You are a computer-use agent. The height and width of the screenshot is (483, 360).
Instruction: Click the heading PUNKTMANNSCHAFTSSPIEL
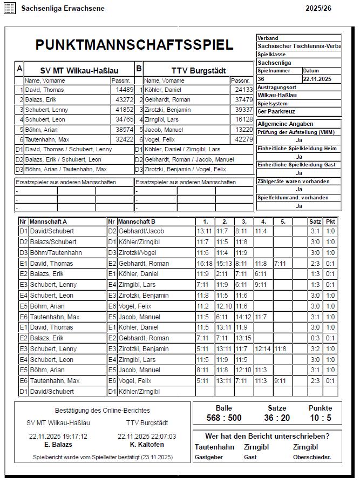coord(134,45)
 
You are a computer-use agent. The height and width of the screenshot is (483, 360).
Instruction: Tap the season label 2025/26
coord(318,9)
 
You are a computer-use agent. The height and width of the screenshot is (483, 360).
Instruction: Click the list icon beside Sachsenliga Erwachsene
coord(10,9)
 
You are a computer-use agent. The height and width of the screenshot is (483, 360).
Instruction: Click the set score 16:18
coord(205,263)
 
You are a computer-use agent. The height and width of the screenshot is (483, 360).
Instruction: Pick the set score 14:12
coord(243,317)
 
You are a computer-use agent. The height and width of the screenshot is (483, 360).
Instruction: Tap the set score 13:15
coord(243,338)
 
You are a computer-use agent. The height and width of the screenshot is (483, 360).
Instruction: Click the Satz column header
coord(315,222)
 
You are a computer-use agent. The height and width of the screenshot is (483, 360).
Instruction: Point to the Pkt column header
coord(331,222)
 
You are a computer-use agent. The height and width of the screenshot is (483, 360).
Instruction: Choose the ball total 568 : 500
coord(224,418)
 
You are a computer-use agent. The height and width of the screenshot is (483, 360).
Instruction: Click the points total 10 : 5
coord(321,418)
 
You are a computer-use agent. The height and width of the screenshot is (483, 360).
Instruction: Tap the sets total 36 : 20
coord(277,418)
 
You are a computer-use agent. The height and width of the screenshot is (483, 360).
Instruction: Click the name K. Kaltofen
coord(147,445)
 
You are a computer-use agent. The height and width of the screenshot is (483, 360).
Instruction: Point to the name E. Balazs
coord(58,445)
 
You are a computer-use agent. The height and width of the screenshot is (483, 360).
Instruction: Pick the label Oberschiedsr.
coord(312,457)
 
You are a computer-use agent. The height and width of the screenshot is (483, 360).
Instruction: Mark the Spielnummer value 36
coord(261,79)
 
